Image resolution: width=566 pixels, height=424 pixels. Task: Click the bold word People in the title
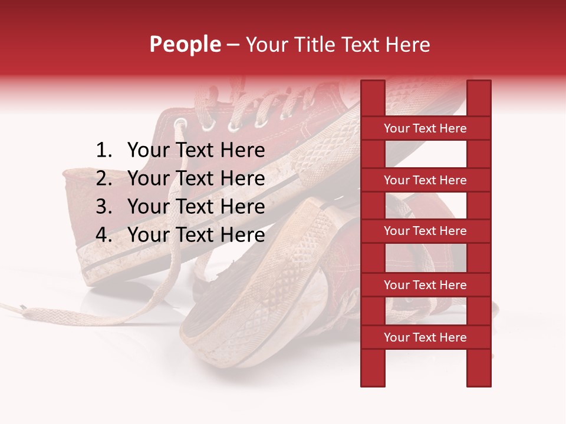point(185,44)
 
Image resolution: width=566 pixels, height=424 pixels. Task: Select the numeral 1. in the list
point(104,151)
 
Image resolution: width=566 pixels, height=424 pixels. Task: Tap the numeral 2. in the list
point(104,178)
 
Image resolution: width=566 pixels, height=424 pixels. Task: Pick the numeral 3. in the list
point(104,207)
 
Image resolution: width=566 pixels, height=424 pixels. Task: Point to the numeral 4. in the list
point(104,235)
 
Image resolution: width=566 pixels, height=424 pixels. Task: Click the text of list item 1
point(196,151)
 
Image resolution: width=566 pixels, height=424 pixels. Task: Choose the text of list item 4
point(196,235)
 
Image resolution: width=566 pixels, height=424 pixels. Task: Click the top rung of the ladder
point(425,128)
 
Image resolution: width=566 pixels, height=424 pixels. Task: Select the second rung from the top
point(425,180)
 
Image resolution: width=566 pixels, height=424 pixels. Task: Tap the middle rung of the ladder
point(425,231)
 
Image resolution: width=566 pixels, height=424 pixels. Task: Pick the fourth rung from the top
point(425,285)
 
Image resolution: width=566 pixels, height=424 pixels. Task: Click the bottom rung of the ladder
point(425,337)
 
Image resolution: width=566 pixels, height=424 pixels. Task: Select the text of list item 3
point(196,207)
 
